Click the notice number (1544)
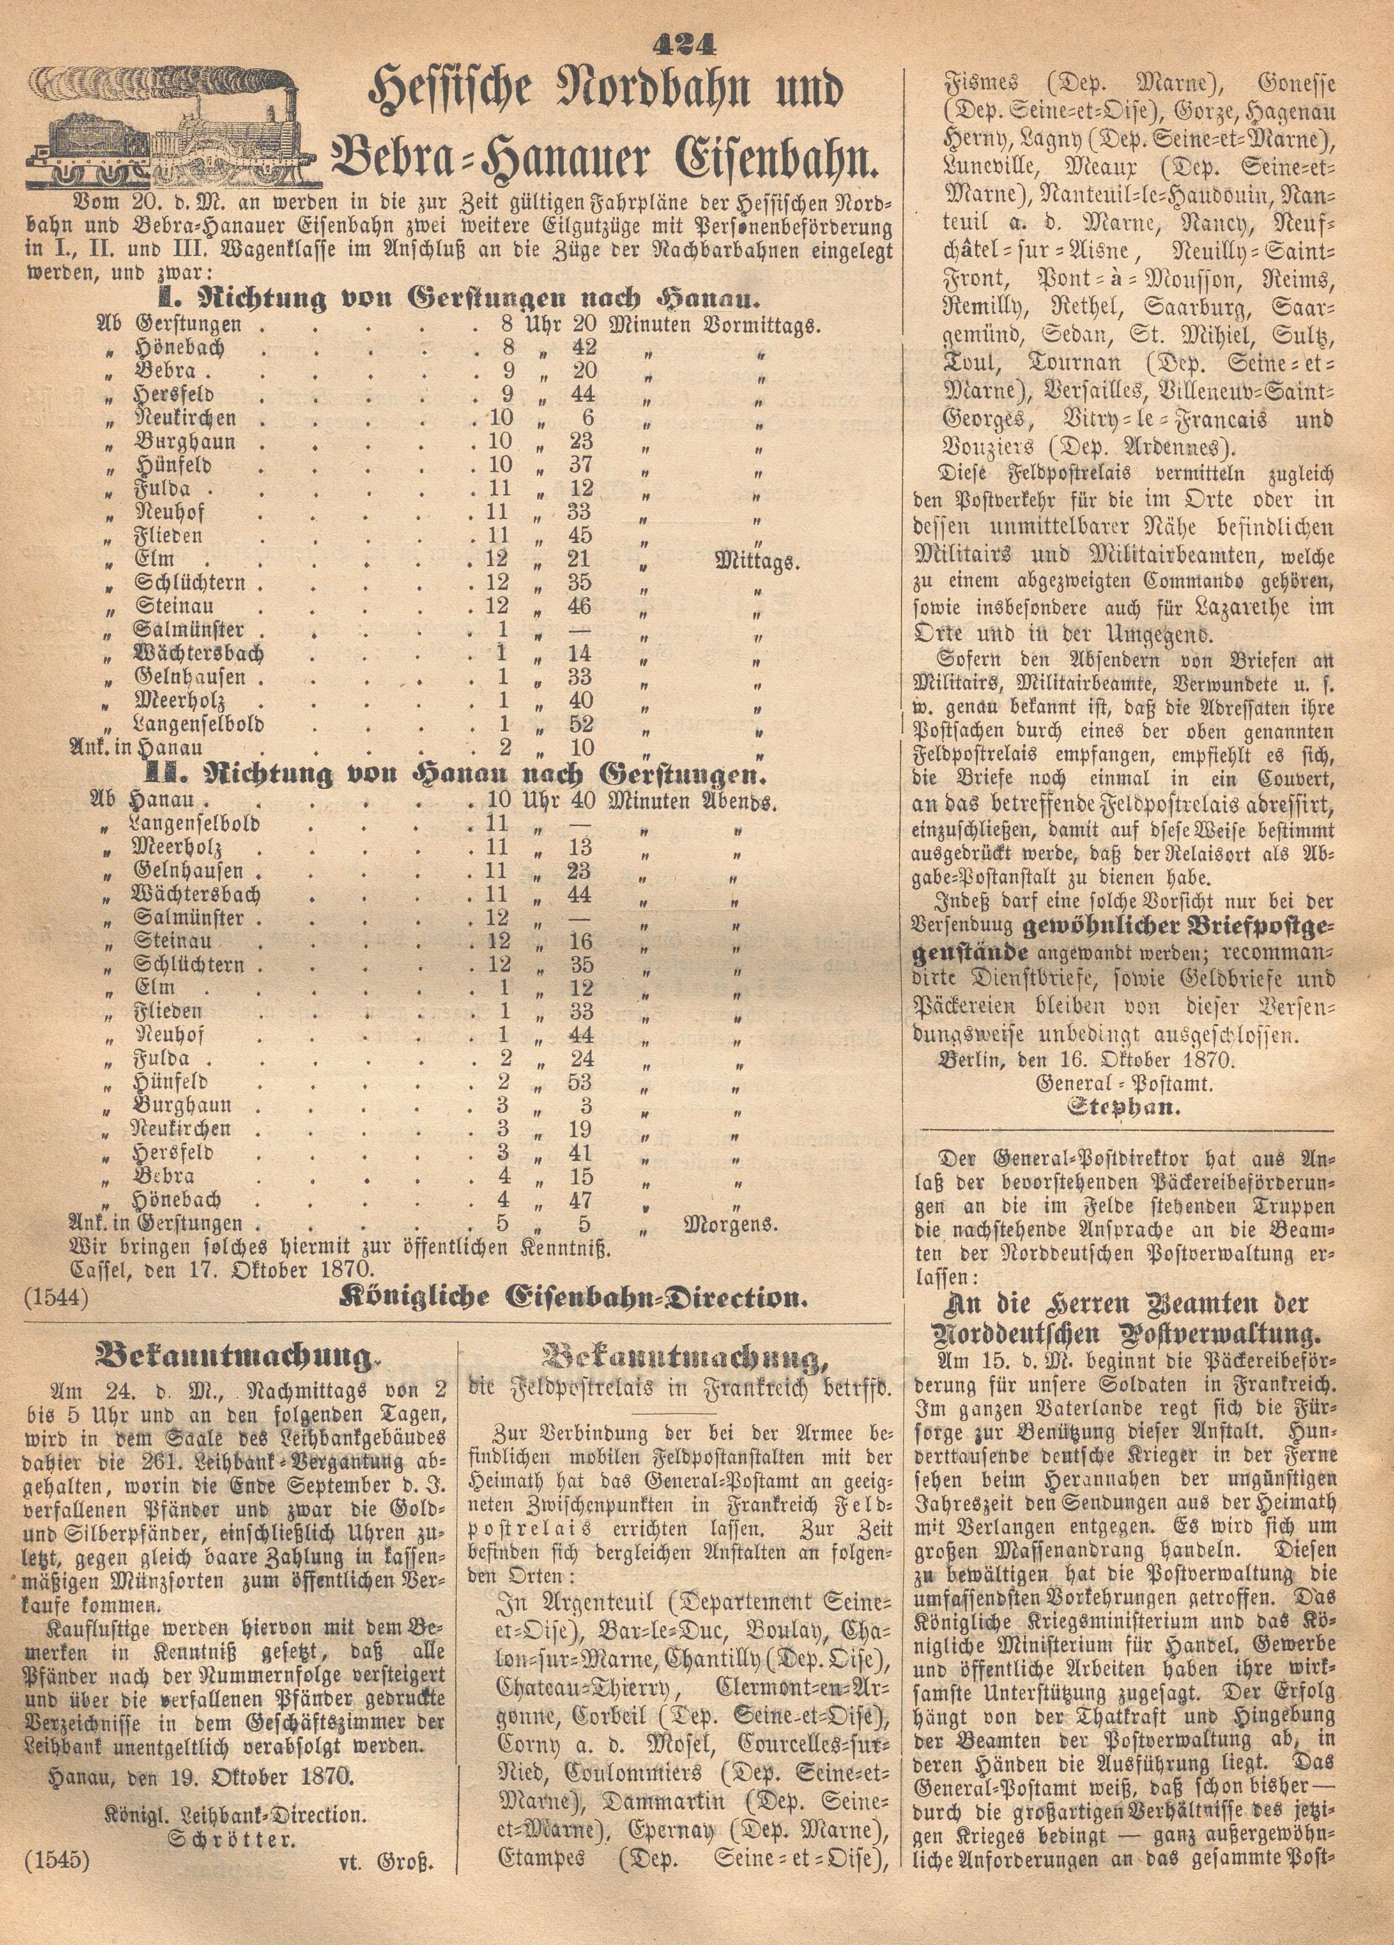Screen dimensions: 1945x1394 tap(56, 1298)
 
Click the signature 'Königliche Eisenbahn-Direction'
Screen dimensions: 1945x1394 tap(573, 1298)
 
